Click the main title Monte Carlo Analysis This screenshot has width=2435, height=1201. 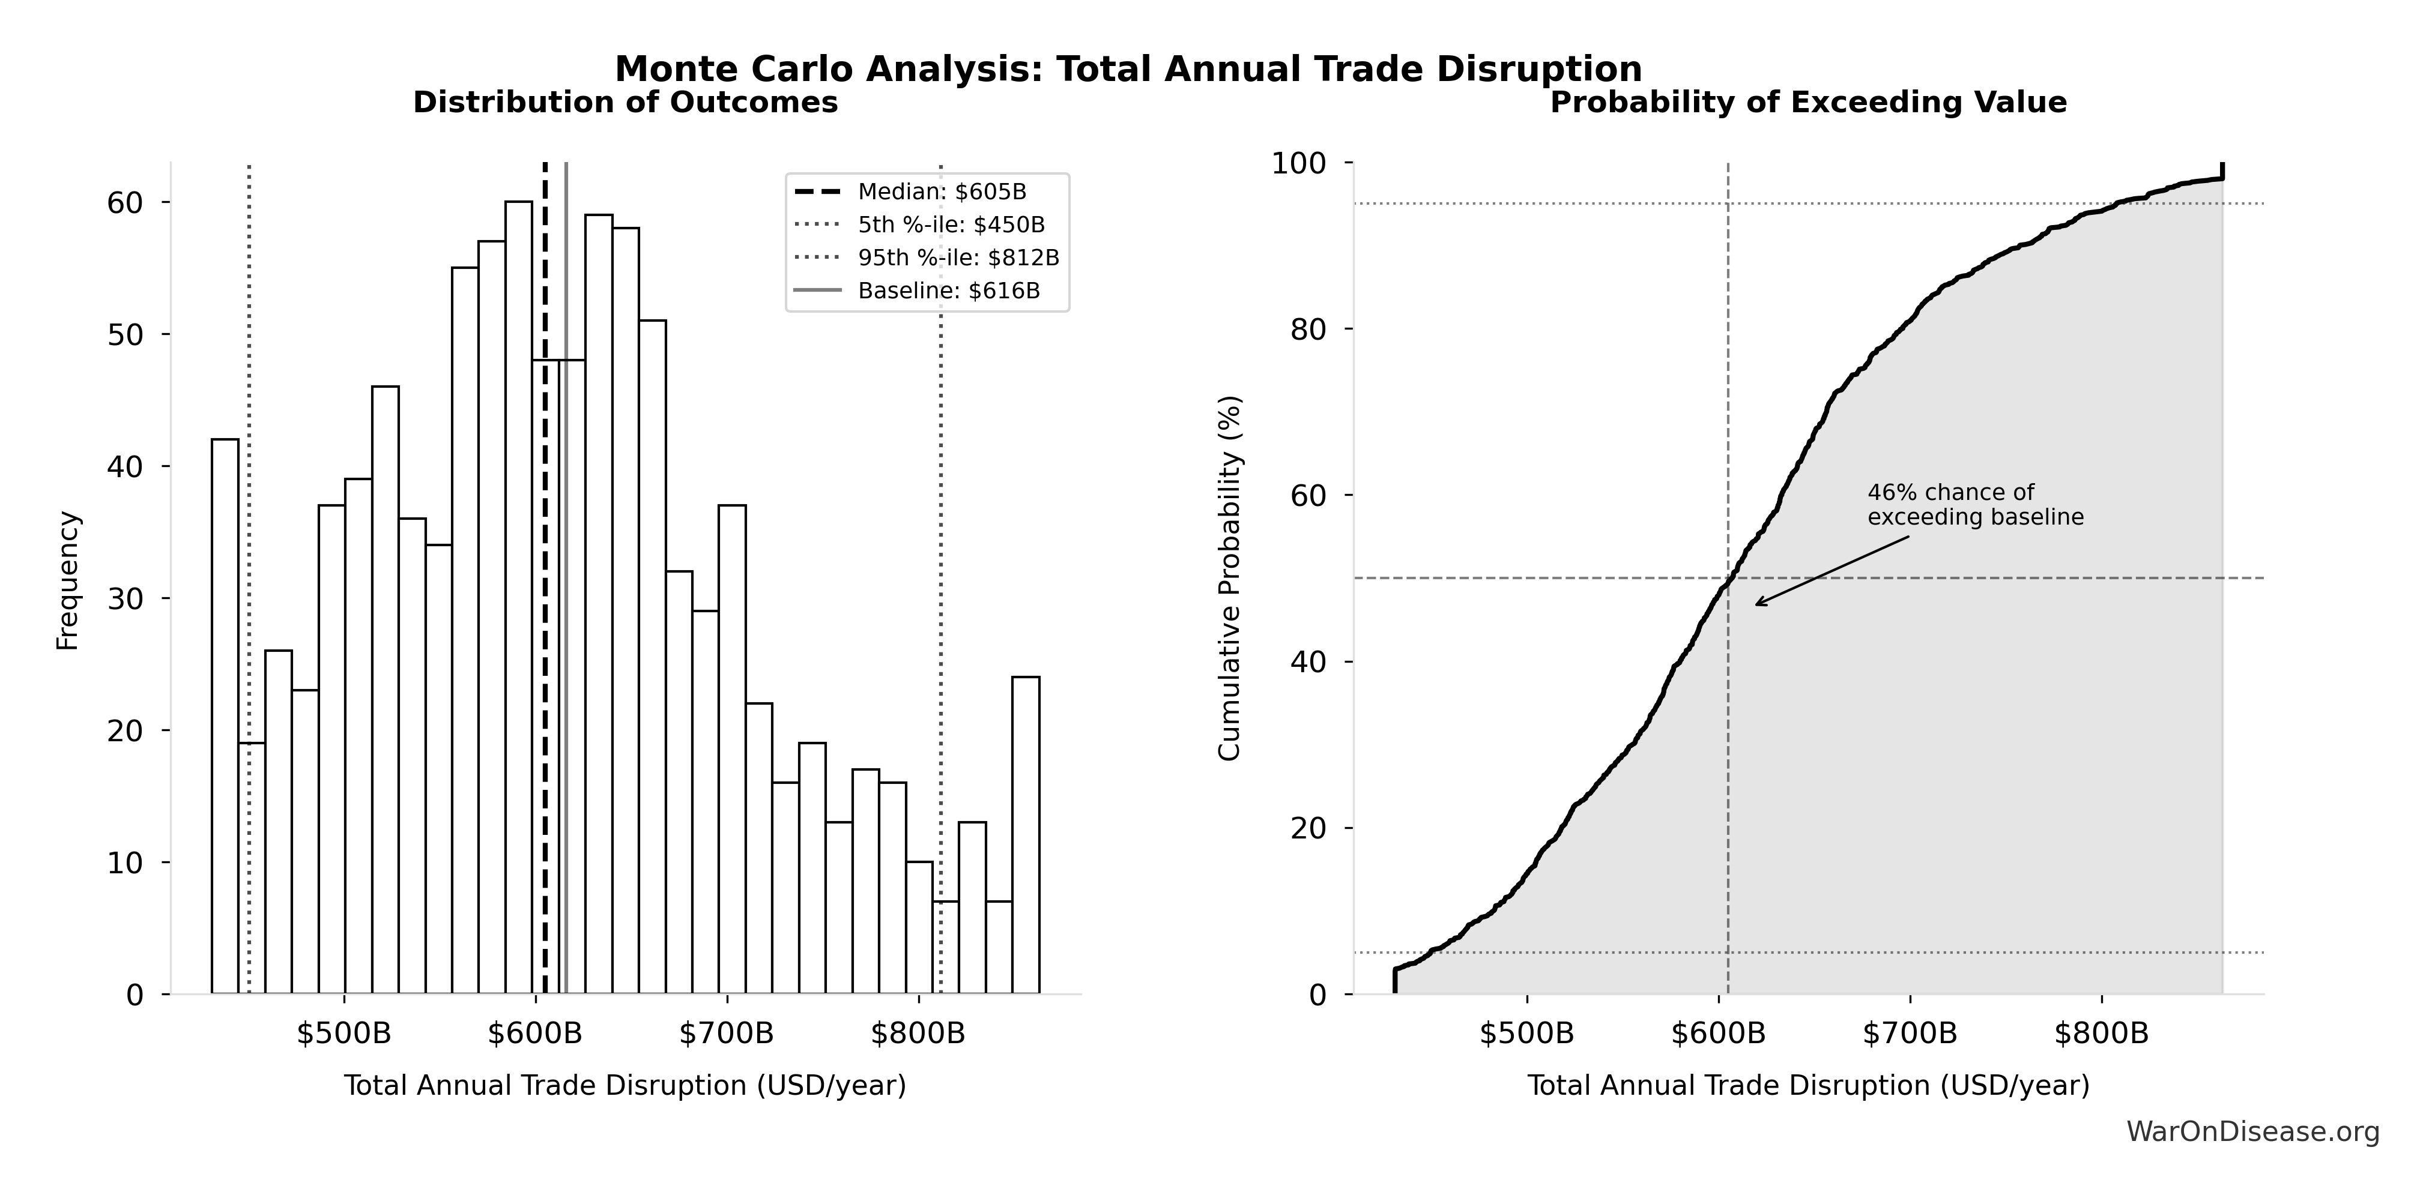pyautogui.click(x=1128, y=69)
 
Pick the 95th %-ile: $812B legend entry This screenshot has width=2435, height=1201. pyautogui.click(x=958, y=257)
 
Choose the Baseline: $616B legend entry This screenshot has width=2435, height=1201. pyautogui.click(x=948, y=290)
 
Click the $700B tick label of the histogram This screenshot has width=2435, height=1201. pyautogui.click(x=726, y=1034)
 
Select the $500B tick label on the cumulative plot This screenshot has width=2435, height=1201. pyautogui.click(x=1526, y=1034)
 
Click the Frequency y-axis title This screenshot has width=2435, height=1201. pyautogui.click(x=68, y=580)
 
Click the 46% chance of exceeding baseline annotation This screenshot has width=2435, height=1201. pyautogui.click(x=1974, y=505)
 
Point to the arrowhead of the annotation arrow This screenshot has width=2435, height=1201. pyautogui.click(x=1757, y=604)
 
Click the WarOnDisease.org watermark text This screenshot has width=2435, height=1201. pyautogui.click(x=2252, y=1131)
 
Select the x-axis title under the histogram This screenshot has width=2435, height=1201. pyautogui.click(x=625, y=1086)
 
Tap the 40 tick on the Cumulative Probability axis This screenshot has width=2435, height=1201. pyautogui.click(x=1308, y=661)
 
